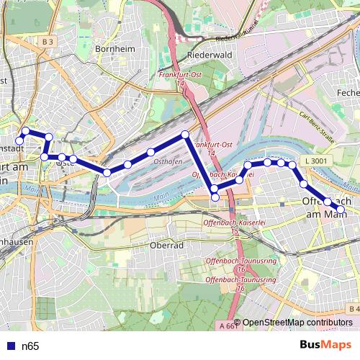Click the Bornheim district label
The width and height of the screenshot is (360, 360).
click(109, 50)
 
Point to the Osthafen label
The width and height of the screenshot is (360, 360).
click(168, 163)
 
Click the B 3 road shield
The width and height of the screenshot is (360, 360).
click(48, 42)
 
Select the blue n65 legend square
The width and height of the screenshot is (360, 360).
click(9, 346)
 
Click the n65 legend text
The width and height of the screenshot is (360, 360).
click(30, 346)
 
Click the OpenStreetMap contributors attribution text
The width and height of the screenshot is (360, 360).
click(297, 323)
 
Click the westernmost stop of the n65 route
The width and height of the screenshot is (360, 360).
click(19, 140)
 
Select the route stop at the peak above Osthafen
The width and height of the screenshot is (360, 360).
click(185, 135)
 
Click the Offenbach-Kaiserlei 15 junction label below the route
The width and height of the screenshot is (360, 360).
click(224, 228)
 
